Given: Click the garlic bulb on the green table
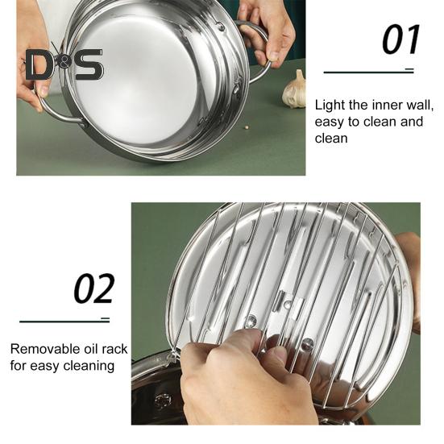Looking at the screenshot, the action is [x=294, y=89].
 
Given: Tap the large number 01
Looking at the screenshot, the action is [x=400, y=39].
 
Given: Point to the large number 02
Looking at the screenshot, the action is [x=94, y=288].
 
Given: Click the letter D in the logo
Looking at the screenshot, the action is [x=39, y=64].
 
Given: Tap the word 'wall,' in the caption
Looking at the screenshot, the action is [x=420, y=106].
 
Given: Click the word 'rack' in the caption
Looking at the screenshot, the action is [x=114, y=349].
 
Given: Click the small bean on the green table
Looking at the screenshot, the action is [x=247, y=127].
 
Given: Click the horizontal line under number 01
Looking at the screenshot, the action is [x=369, y=72].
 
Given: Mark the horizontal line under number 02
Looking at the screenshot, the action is [x=64, y=322].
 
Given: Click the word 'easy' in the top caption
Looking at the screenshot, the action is [x=329, y=122].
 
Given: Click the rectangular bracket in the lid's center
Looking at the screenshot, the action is [x=288, y=305].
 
